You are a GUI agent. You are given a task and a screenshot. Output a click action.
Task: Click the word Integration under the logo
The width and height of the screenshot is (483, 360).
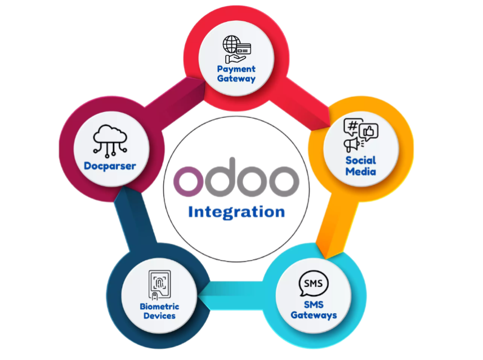236,212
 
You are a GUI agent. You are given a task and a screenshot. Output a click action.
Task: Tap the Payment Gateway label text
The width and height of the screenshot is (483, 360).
236,74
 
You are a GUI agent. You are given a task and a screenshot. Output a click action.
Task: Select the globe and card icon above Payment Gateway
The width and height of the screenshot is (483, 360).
236,50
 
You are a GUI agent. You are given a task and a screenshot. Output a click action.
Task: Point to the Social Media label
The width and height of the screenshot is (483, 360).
361,165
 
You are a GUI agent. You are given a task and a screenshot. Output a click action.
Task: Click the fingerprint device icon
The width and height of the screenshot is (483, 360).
160,286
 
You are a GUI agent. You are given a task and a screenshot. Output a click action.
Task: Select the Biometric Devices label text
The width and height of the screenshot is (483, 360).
160,311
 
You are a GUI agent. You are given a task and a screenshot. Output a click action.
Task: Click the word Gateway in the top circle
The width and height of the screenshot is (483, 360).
236,79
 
